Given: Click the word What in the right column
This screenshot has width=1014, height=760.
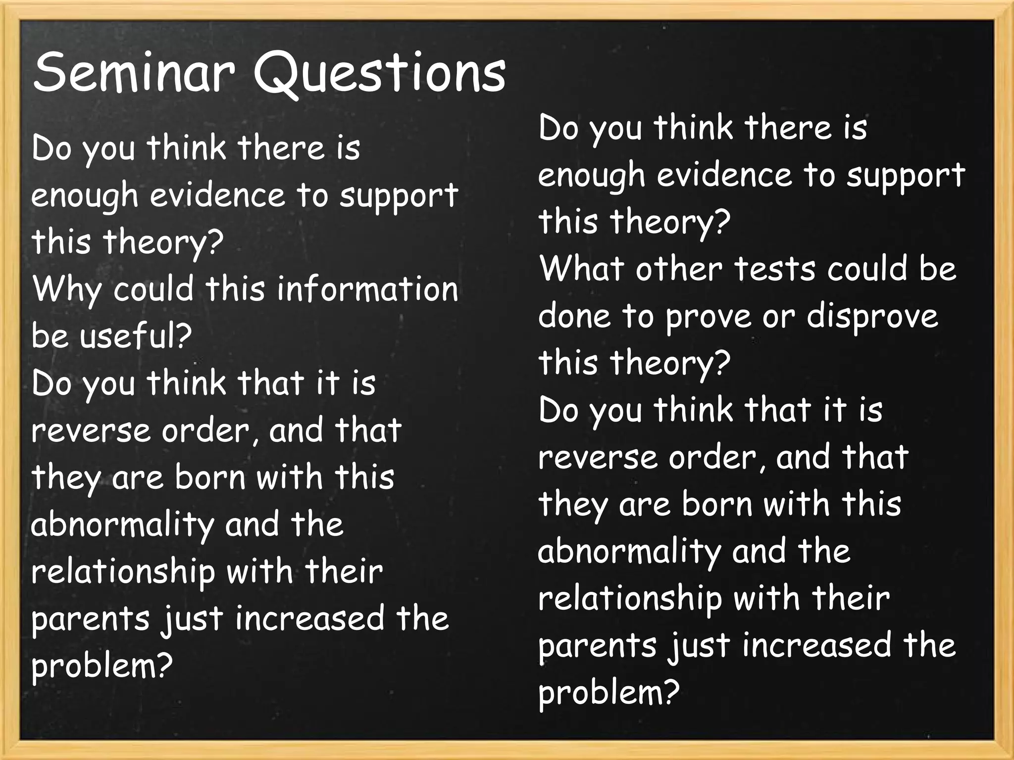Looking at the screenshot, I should click(x=580, y=269).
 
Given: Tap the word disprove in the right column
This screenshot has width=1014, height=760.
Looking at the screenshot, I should click(x=872, y=317).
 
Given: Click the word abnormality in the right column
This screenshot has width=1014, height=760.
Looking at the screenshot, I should click(x=629, y=552).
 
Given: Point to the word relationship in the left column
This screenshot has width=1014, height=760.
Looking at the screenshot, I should click(x=123, y=572).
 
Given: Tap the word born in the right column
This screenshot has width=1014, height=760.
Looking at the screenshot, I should click(x=717, y=504).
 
